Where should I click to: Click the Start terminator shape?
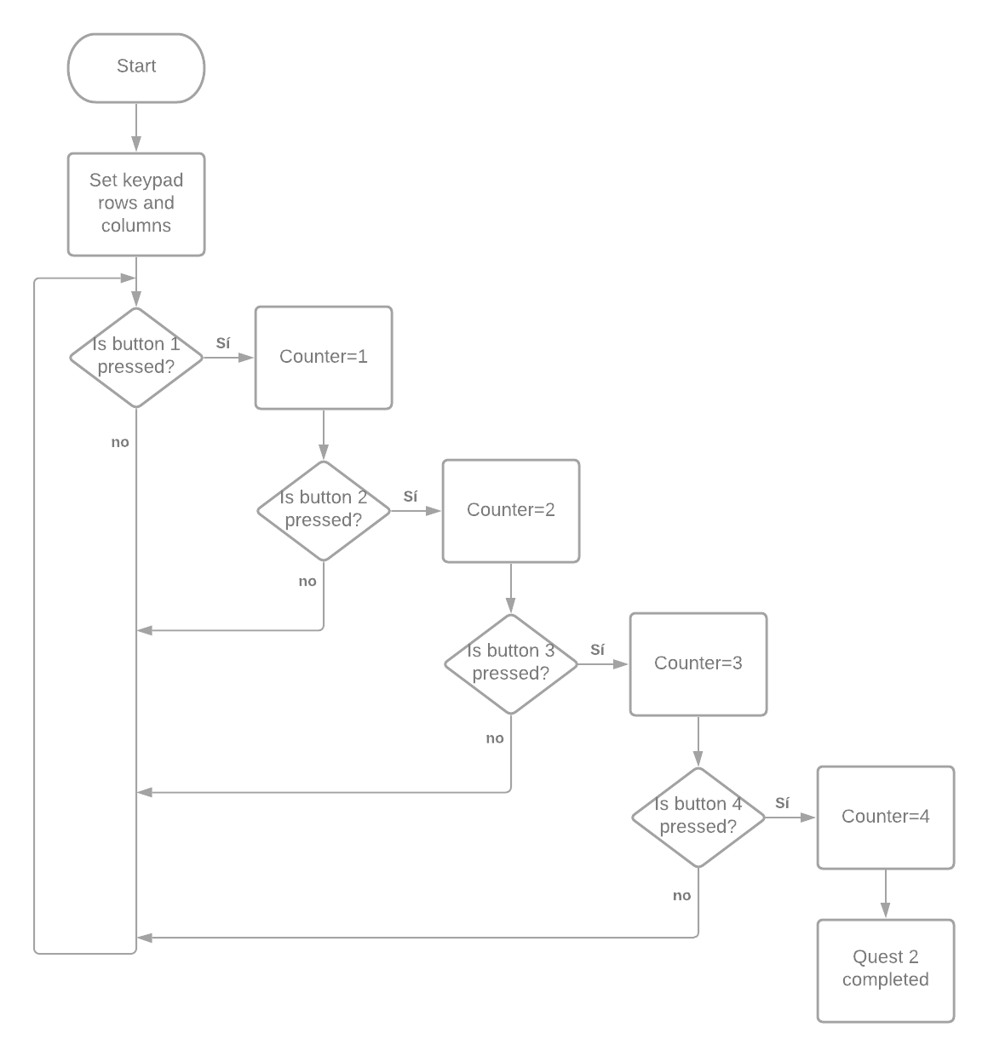click(x=136, y=67)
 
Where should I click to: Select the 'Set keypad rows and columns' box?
click(x=136, y=204)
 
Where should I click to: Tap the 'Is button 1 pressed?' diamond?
click(x=136, y=357)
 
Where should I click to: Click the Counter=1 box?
click(x=324, y=357)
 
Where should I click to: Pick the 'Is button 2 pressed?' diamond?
click(x=324, y=510)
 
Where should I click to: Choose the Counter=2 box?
click(x=511, y=510)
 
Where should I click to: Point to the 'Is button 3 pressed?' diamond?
click(x=511, y=663)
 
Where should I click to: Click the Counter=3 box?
click(x=698, y=663)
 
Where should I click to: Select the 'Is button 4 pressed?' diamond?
click(x=698, y=817)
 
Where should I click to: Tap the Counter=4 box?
click(x=886, y=817)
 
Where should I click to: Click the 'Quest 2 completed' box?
click(x=886, y=970)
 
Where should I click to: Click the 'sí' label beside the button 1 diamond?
click(x=223, y=343)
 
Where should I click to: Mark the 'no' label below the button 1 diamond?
click(x=120, y=443)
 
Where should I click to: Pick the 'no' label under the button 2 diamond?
click(x=307, y=582)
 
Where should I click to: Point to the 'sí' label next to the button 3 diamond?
click(x=598, y=650)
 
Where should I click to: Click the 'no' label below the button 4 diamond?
click(x=682, y=896)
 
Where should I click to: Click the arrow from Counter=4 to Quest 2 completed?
click(x=886, y=894)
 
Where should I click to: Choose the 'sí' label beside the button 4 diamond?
click(x=784, y=803)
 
